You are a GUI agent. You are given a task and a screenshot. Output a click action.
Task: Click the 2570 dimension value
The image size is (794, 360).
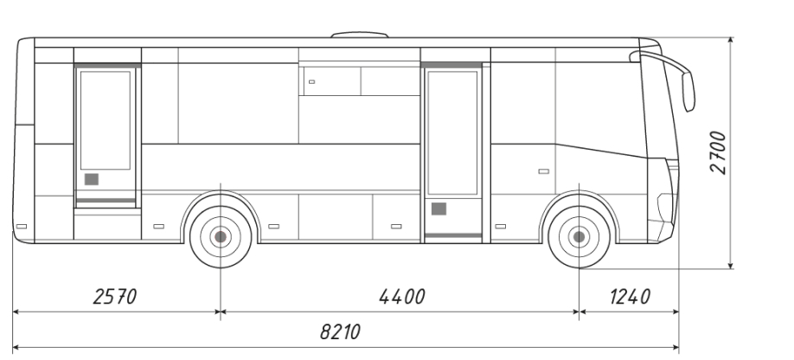(x=114, y=297)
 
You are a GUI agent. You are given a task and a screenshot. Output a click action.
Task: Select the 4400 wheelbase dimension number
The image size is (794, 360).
(x=402, y=297)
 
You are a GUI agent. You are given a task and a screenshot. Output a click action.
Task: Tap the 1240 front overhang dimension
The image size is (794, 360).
(x=629, y=297)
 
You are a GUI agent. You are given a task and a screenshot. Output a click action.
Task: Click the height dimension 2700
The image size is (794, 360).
(x=718, y=152)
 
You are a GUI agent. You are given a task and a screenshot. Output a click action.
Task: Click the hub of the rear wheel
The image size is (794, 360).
(x=221, y=236)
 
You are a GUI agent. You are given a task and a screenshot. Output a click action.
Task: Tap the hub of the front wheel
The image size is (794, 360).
(x=579, y=236)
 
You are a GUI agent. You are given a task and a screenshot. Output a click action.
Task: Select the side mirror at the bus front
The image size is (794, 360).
(x=688, y=90)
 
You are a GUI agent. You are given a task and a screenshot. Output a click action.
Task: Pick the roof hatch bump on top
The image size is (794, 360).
(x=360, y=35)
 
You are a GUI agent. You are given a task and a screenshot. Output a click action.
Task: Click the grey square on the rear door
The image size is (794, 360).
(x=91, y=179)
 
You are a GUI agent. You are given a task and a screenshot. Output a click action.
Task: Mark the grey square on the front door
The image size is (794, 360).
(x=439, y=209)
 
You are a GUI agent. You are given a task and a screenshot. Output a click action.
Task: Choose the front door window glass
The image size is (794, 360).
(x=452, y=132)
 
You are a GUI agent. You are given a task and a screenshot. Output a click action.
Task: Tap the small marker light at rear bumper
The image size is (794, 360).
(x=21, y=227)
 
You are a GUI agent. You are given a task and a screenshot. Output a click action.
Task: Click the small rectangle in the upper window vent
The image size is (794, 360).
(x=311, y=81)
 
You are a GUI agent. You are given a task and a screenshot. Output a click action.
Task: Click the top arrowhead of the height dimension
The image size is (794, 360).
(x=732, y=42)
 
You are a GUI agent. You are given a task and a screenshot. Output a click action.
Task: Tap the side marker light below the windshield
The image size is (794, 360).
(x=543, y=171)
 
